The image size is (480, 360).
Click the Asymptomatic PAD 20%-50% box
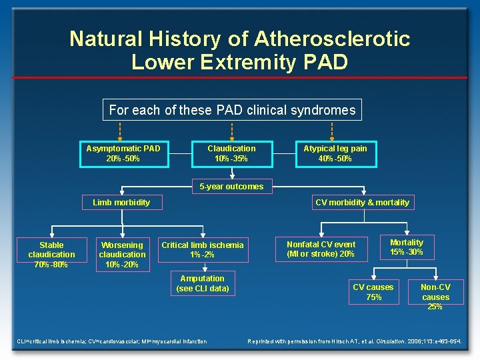click(123, 153)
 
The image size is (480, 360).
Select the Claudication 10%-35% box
click(231, 153)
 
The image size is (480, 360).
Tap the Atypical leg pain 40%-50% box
click(335, 153)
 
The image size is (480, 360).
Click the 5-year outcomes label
click(232, 187)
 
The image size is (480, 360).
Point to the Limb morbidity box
click(121, 202)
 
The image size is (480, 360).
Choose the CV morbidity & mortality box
click(363, 202)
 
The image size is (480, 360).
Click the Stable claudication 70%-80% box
click(52, 255)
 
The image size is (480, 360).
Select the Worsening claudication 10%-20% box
click(122, 255)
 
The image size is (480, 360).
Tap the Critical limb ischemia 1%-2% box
click(203, 250)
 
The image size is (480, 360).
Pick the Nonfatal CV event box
click(321, 249)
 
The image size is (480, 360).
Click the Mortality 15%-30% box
click(407, 247)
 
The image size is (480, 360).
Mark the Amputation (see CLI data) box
click(203, 283)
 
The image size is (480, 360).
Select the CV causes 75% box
click(373, 292)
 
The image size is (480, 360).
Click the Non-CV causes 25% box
click(436, 297)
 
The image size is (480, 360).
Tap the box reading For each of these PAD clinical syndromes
click(232, 110)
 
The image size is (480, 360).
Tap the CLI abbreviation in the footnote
click(21, 342)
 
